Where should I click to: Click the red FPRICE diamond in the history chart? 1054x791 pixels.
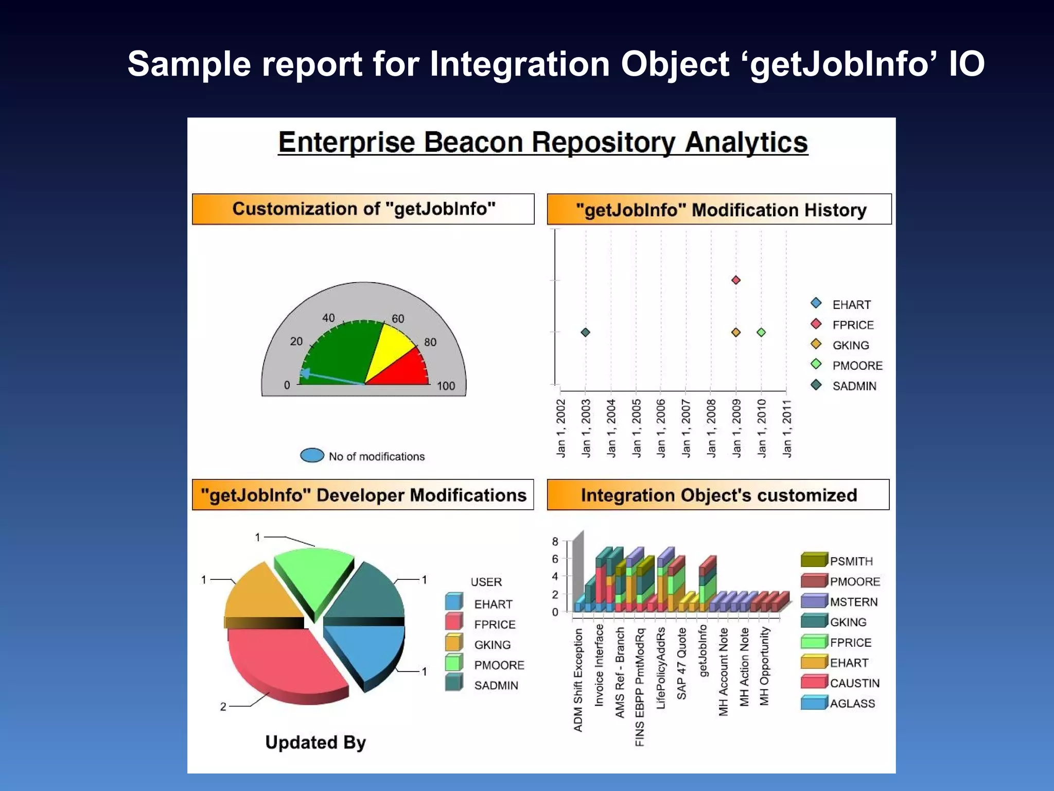tap(736, 280)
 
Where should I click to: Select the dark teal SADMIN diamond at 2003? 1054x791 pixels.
tap(585, 333)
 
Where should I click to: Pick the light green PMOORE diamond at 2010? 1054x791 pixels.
tap(761, 333)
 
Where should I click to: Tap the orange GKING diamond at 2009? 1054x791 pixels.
tap(736, 333)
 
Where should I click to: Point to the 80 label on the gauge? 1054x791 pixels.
tap(430, 342)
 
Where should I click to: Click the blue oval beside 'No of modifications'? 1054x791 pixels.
tap(312, 456)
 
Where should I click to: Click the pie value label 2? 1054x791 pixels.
tap(223, 707)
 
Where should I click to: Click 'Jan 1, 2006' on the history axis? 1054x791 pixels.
tap(661, 428)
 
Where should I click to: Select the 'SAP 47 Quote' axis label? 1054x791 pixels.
tap(682, 664)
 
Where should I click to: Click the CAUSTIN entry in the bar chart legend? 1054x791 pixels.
tap(854, 683)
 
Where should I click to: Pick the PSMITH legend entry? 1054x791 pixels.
tap(851, 561)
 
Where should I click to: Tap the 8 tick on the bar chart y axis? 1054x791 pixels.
tap(555, 542)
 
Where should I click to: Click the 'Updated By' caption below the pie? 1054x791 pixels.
tap(315, 743)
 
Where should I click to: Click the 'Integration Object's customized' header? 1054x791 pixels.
tap(718, 495)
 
